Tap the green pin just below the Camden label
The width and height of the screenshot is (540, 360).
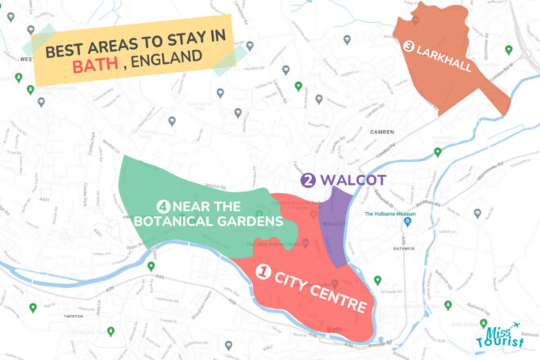point(437,151)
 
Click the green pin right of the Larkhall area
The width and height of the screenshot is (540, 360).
point(508,50)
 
